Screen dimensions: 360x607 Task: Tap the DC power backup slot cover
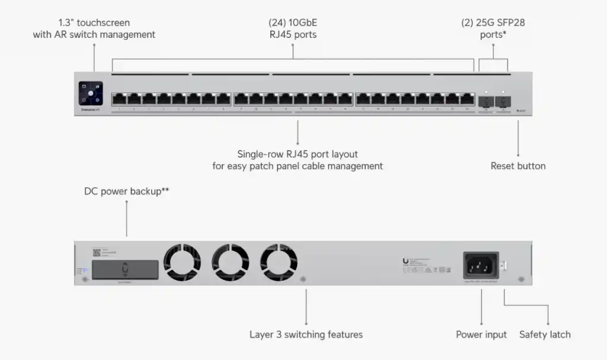tap(124, 269)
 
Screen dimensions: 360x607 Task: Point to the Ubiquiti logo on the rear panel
tap(406, 260)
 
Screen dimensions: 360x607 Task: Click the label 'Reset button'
tap(517, 166)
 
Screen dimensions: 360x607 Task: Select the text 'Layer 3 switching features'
tap(306, 334)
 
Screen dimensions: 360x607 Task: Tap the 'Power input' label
tap(481, 334)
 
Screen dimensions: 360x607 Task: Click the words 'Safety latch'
tap(545, 334)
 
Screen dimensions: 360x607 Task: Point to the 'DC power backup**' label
tap(127, 192)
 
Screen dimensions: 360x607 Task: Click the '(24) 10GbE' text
tap(293, 23)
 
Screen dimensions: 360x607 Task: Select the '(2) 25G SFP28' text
tap(493, 23)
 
